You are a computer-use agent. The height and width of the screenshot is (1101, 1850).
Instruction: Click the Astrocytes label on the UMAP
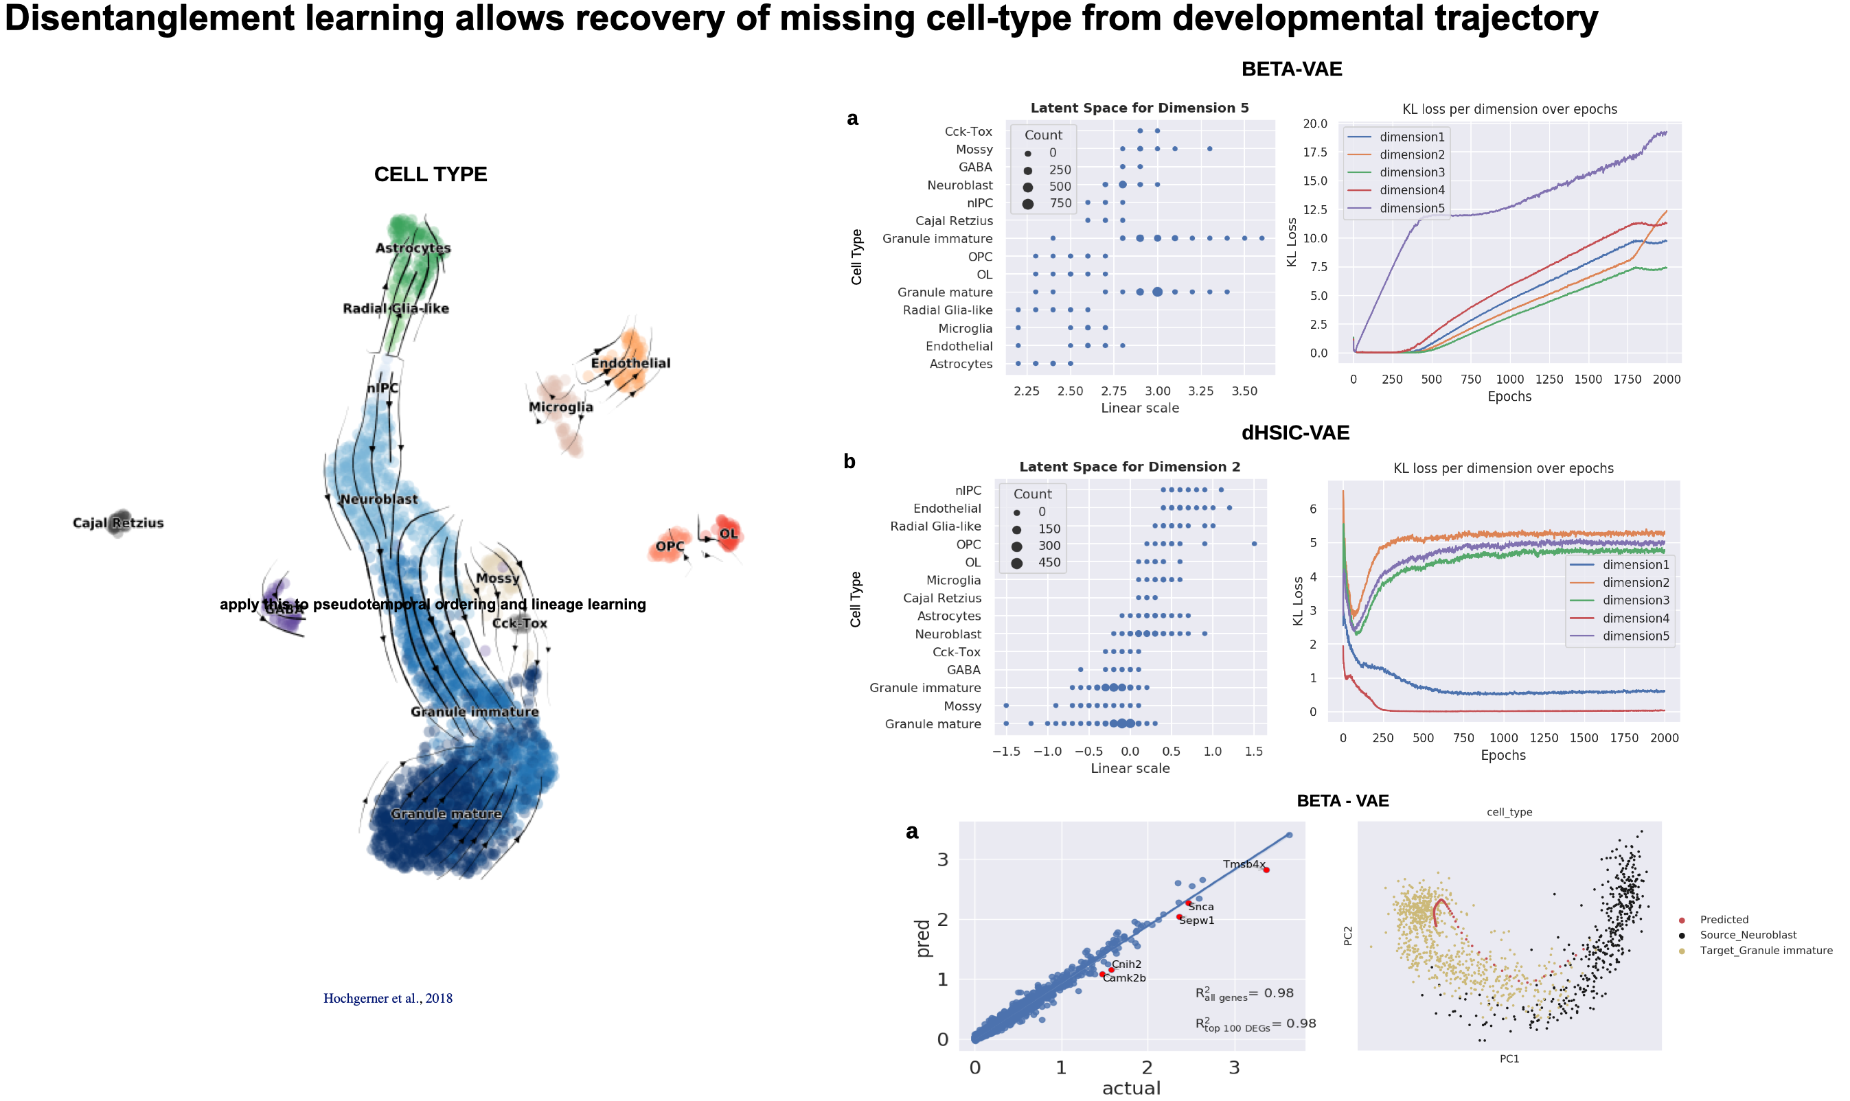(x=413, y=248)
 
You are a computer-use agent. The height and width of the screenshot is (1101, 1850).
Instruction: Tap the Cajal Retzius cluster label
(x=118, y=523)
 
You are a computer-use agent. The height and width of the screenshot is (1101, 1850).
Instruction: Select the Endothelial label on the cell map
(x=630, y=363)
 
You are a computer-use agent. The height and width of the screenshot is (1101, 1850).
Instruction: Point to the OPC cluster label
(x=670, y=546)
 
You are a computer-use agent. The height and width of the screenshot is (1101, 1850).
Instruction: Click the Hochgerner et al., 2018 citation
(x=387, y=999)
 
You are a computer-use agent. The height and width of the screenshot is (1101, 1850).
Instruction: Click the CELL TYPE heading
(x=431, y=174)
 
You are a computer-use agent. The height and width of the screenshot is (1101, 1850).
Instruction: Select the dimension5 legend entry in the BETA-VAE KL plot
(x=1411, y=209)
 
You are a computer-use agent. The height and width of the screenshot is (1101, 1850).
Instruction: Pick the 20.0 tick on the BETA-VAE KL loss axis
(x=1315, y=124)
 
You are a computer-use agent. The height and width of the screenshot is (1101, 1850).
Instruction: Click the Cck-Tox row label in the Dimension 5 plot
(x=968, y=131)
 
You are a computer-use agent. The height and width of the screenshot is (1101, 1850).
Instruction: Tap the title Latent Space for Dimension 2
(x=1130, y=467)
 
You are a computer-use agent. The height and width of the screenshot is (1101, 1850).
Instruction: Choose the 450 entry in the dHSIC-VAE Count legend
(x=1049, y=562)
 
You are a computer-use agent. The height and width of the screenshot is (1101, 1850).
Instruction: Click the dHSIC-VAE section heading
(x=1295, y=433)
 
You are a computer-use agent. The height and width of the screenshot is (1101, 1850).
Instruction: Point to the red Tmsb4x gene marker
(x=1267, y=870)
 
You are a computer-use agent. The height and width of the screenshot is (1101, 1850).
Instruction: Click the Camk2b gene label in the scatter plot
(x=1124, y=978)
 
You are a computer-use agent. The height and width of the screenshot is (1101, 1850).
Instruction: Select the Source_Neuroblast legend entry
(x=1748, y=935)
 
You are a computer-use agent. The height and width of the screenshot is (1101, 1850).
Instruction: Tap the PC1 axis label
(x=1509, y=1058)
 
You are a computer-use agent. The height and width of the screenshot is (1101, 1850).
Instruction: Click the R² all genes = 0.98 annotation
(x=1244, y=993)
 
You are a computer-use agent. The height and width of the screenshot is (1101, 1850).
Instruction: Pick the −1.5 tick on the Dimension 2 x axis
(x=1005, y=752)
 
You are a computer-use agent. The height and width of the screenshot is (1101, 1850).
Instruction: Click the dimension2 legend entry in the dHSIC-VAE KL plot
(x=1635, y=582)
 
